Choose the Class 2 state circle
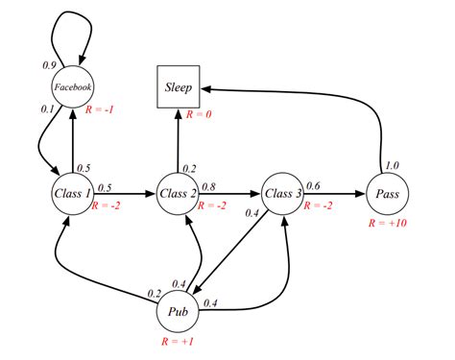pyautogui.click(x=177, y=194)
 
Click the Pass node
pyautogui.click(x=388, y=194)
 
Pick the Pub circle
pyautogui.click(x=177, y=312)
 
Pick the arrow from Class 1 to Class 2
pyautogui.click(x=125, y=194)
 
